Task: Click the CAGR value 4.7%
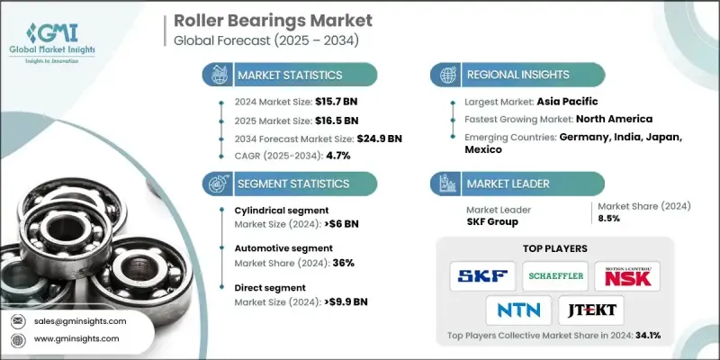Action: coord(334,156)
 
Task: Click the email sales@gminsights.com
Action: coord(81,320)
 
